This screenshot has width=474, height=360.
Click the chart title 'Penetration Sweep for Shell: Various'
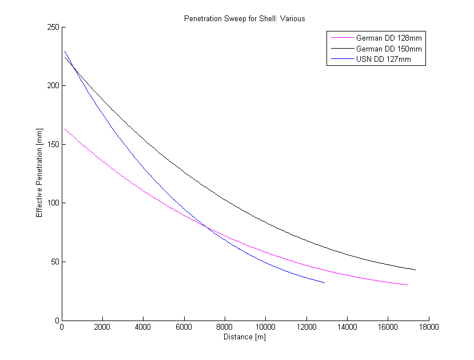244,18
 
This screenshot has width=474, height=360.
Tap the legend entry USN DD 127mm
383,59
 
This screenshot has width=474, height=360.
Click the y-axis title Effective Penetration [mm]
39,173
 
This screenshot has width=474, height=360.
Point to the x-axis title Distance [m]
244,337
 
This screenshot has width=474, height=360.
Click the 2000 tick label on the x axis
102,328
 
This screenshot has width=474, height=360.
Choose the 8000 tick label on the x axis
225,328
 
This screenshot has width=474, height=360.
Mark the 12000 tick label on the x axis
306,328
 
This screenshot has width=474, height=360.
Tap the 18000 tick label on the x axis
428,328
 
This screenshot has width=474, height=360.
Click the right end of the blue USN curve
324,282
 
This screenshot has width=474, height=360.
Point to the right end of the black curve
415,270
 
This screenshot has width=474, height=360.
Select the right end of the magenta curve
407,284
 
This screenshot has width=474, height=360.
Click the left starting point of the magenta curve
65,129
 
